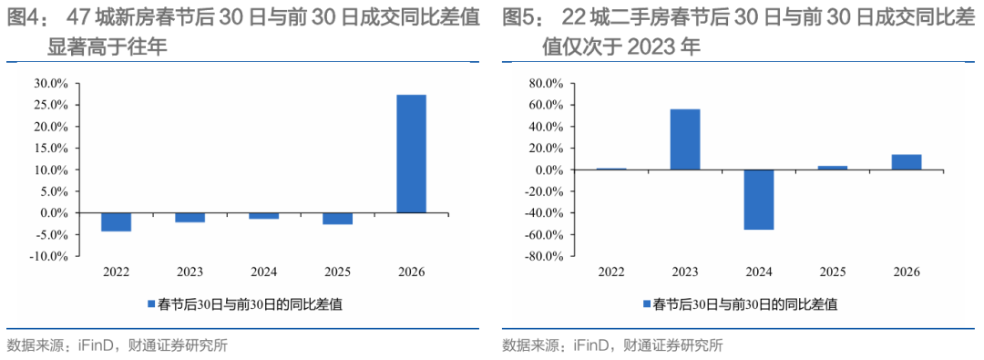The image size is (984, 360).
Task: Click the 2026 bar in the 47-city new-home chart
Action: (x=411, y=154)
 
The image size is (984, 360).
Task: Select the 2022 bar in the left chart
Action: (x=116, y=222)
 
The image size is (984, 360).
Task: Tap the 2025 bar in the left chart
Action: (x=337, y=219)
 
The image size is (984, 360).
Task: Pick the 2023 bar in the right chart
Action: (x=685, y=139)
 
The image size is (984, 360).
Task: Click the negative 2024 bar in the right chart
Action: (x=759, y=200)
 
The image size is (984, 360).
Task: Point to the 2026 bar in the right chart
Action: (x=906, y=162)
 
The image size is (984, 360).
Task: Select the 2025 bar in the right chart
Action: (x=832, y=168)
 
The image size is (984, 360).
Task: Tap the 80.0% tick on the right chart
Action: (x=548, y=83)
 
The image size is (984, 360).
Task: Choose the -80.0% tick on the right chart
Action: (x=547, y=256)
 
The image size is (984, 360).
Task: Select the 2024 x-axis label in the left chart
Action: (x=263, y=273)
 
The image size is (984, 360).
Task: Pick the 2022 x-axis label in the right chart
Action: (x=611, y=273)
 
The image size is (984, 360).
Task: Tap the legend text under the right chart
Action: (x=745, y=304)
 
